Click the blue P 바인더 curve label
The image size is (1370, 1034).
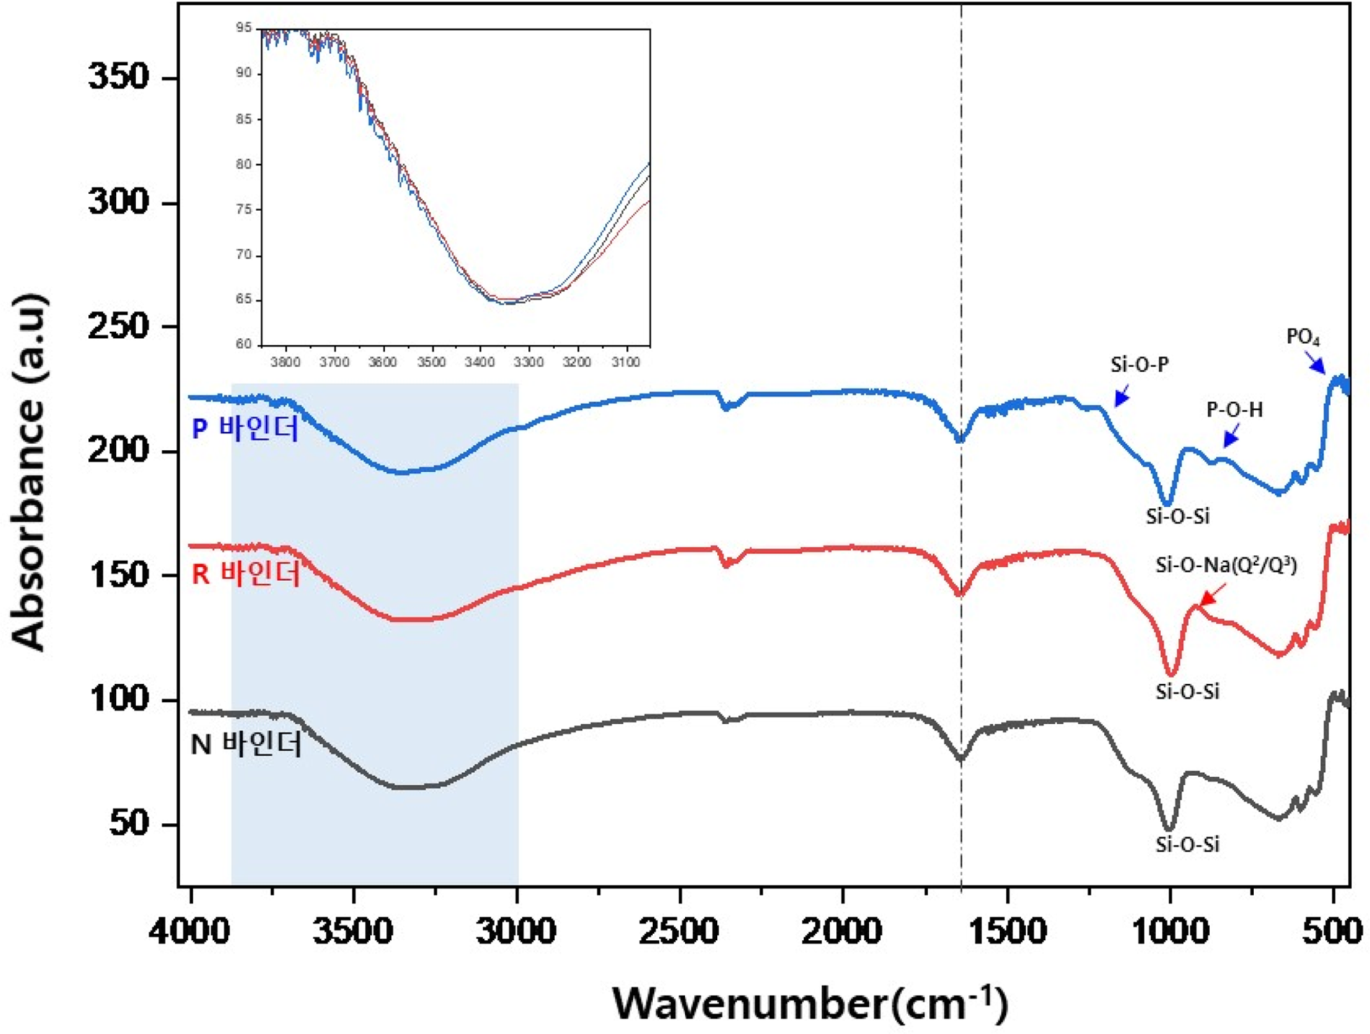245,428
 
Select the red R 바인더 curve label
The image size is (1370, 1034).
246,573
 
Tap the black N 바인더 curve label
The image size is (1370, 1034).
246,744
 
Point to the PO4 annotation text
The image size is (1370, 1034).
1303,337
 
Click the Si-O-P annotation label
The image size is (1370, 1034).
1139,365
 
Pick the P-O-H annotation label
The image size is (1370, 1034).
1234,410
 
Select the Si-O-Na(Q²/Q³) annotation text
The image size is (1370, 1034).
1226,565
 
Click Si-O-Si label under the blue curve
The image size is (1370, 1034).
1177,517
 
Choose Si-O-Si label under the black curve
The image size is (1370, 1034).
1187,844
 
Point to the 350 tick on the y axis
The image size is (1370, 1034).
119,76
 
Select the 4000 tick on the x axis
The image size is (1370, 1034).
190,932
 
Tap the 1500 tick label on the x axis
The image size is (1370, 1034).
1008,932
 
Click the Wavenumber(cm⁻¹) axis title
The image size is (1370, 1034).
810,1003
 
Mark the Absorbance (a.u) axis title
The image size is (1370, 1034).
29,473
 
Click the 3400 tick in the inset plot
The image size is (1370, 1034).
480,362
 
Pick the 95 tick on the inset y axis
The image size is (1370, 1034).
243,28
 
